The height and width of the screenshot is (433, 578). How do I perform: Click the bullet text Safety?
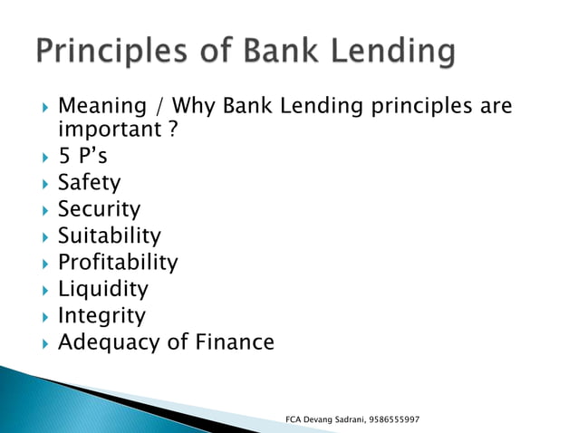coord(89,183)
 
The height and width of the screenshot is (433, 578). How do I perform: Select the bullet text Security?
coord(99,209)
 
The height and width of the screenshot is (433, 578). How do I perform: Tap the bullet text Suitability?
coord(109,236)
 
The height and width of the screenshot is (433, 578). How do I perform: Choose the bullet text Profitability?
coord(118,263)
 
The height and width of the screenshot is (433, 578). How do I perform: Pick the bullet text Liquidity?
coord(102,290)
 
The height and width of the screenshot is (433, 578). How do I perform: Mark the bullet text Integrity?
coord(101,316)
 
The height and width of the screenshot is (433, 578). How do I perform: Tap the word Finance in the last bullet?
coord(233,343)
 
